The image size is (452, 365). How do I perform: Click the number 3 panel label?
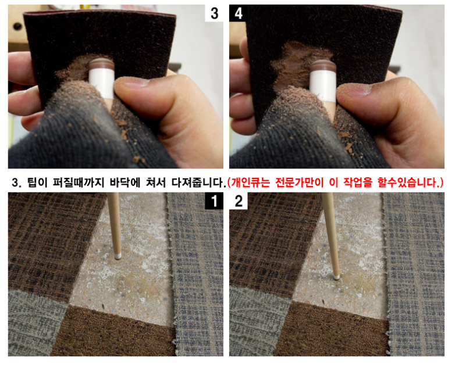click(214, 13)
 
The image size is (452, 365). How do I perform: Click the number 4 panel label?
click(238, 13)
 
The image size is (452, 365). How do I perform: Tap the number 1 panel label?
click(214, 201)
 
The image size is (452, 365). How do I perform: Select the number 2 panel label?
click(239, 201)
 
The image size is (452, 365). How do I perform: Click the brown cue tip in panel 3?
click(101, 63)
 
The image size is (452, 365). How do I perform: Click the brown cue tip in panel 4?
click(323, 66)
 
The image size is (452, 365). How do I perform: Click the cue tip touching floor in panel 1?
click(118, 256)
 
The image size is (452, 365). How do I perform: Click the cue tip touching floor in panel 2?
click(336, 277)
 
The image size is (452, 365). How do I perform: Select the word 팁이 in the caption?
click(37, 182)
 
